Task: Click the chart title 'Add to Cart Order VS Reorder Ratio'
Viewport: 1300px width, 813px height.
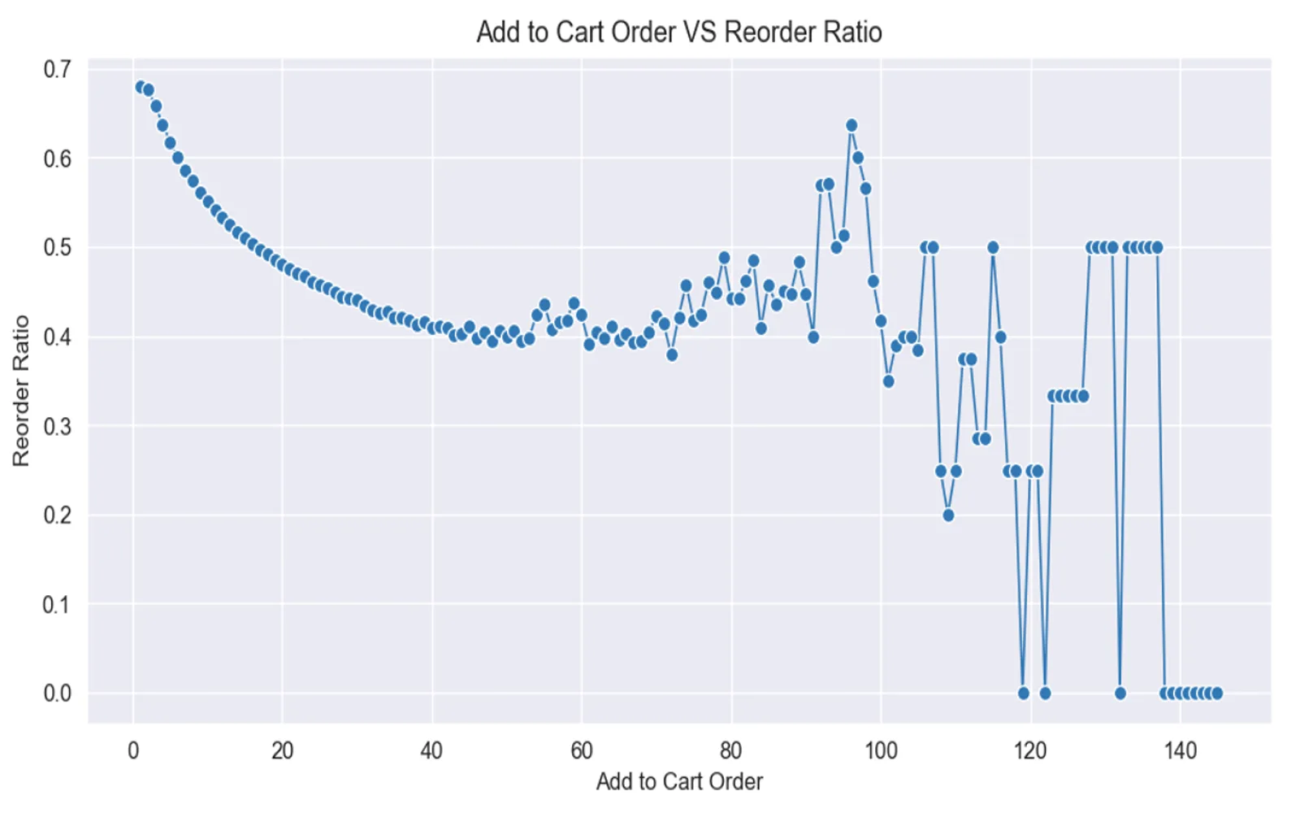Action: pyautogui.click(x=678, y=33)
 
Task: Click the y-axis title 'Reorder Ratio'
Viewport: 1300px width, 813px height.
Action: pyautogui.click(x=21, y=390)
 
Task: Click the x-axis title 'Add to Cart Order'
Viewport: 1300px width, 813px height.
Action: pyautogui.click(x=679, y=781)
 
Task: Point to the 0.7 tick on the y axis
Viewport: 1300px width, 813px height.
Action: pyautogui.click(x=57, y=69)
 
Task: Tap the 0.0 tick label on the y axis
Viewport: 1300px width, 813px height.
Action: pyautogui.click(x=57, y=693)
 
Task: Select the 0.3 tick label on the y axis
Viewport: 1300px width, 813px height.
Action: pyautogui.click(x=57, y=426)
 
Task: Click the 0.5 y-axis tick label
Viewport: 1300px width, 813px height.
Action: pyautogui.click(x=57, y=247)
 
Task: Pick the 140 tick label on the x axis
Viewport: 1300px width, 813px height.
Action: pyautogui.click(x=1180, y=750)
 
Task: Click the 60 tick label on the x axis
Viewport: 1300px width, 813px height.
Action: pyautogui.click(x=582, y=750)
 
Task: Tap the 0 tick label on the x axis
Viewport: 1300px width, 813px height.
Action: pyautogui.click(x=133, y=750)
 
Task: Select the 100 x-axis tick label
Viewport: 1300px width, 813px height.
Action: pyautogui.click(x=881, y=750)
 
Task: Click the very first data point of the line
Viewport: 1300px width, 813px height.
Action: pyautogui.click(x=141, y=87)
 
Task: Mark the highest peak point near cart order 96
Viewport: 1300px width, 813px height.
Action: pyautogui.click(x=851, y=125)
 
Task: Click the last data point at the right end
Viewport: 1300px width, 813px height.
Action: pyautogui.click(x=1217, y=693)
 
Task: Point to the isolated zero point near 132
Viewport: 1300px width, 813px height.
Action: pyautogui.click(x=1120, y=693)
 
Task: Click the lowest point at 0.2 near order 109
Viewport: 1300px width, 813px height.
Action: pyautogui.click(x=948, y=515)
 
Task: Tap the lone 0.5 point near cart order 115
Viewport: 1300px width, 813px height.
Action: pyautogui.click(x=993, y=247)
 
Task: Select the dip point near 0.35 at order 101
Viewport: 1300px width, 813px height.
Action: pyautogui.click(x=889, y=381)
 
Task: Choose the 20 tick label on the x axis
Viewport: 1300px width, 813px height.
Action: pyautogui.click(x=283, y=750)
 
